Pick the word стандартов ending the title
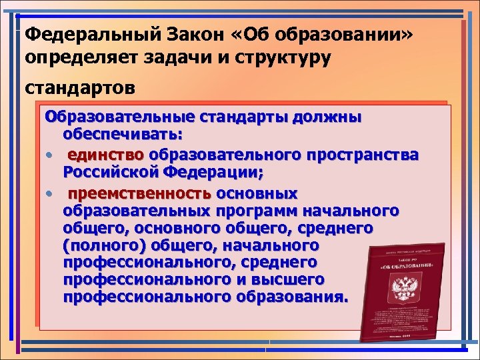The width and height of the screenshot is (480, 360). tap(79, 87)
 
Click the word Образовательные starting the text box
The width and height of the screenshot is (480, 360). tap(119, 118)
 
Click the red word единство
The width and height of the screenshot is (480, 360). tap(105, 155)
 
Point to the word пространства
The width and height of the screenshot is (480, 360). tap(363, 155)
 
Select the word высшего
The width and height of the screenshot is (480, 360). tap(288, 279)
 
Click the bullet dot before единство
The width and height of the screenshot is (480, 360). tap(50, 156)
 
